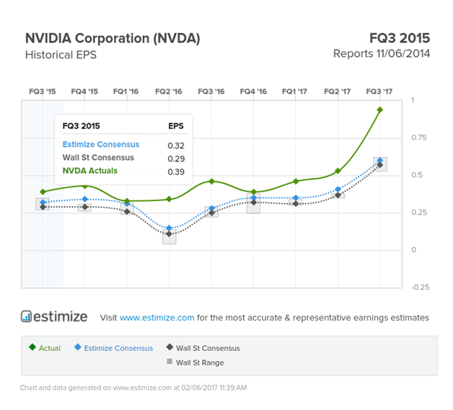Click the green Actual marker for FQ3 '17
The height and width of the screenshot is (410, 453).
click(380, 110)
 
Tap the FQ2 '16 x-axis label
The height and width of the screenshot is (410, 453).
click(169, 92)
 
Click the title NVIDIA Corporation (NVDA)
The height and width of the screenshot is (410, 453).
click(113, 38)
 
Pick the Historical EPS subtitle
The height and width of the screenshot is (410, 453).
click(61, 55)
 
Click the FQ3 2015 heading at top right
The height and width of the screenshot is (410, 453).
click(399, 38)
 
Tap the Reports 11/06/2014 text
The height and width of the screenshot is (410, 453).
click(382, 54)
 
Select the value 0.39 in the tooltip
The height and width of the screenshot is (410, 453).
click(175, 171)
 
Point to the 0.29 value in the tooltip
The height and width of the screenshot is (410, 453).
click(175, 158)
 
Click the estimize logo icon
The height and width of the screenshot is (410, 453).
click(27, 316)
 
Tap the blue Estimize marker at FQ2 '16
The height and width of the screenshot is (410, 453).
click(169, 228)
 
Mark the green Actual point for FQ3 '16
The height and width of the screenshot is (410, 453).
click(211, 181)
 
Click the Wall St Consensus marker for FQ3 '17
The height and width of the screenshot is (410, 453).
click(380, 165)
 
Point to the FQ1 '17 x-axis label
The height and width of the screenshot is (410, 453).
click(296, 92)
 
